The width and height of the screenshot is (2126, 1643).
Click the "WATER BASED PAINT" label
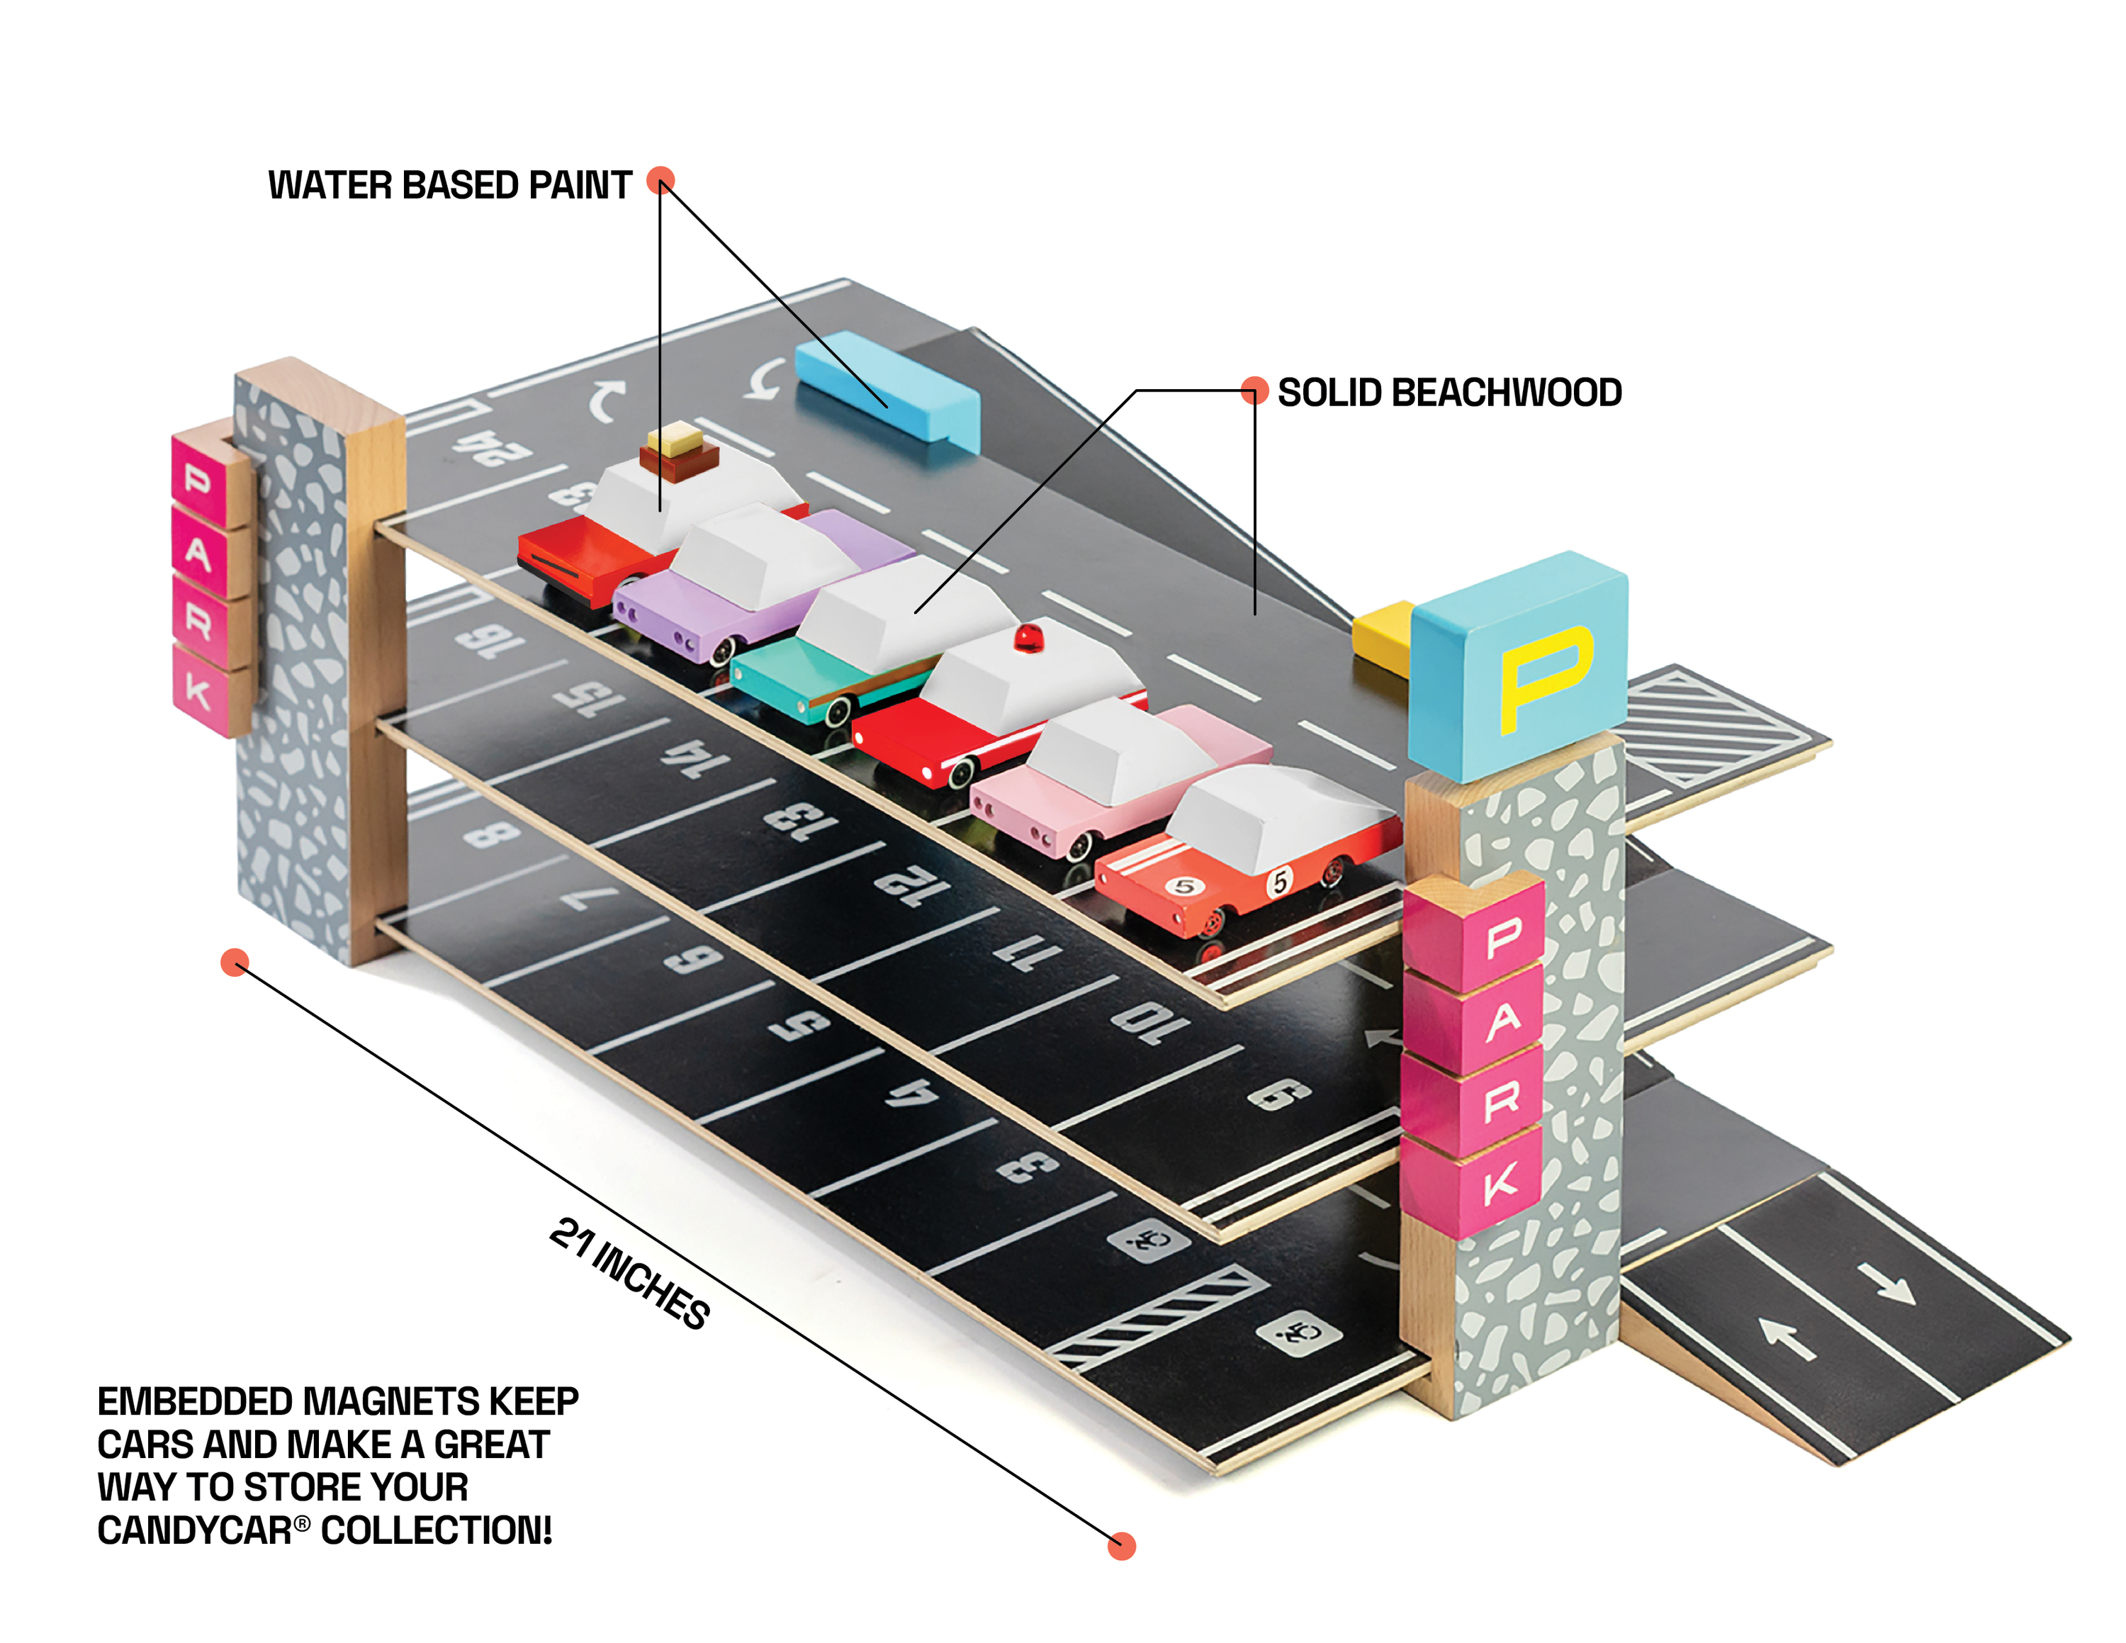click(450, 185)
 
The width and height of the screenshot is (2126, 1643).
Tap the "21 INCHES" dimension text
click(629, 1273)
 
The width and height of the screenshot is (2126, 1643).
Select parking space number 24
click(492, 449)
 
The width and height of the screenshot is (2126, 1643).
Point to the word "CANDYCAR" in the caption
click(195, 1531)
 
